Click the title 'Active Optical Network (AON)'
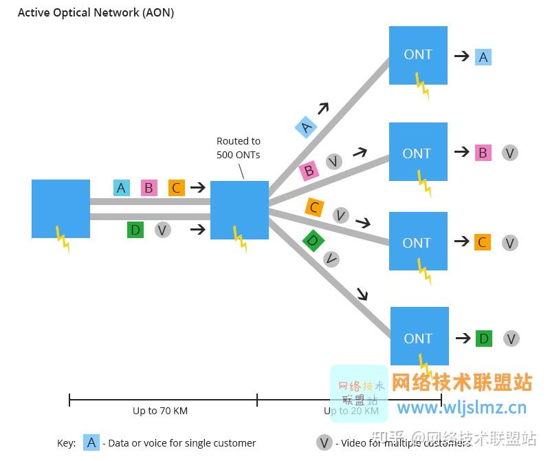96,12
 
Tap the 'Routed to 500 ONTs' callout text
239,148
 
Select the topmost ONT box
418,55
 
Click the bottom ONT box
419,336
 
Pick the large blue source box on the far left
60,208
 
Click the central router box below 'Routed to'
239,210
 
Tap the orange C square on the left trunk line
177,188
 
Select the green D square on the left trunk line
135,230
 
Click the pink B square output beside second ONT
483,153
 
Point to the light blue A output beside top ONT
483,57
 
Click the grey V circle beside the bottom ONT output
511,339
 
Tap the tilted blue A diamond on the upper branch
306,127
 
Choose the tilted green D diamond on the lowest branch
313,241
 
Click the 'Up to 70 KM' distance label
160,411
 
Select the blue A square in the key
91,442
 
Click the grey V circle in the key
324,442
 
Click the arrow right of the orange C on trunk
198,187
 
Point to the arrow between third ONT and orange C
461,242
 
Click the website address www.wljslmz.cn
461,407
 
